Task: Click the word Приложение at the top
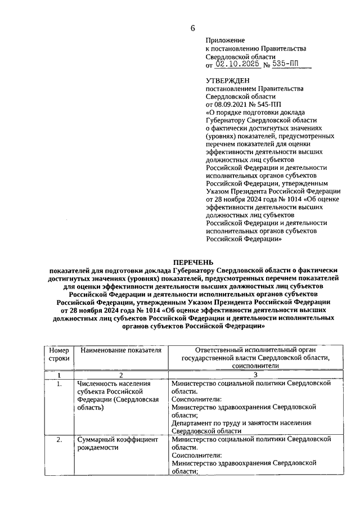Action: pyautogui.click(x=226, y=41)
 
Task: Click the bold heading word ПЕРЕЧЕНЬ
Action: pyautogui.click(x=193, y=262)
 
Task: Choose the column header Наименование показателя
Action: pyautogui.click(x=121, y=350)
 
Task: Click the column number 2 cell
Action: pyautogui.click(x=120, y=375)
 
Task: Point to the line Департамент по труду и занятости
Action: pyautogui.click(x=242, y=422)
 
